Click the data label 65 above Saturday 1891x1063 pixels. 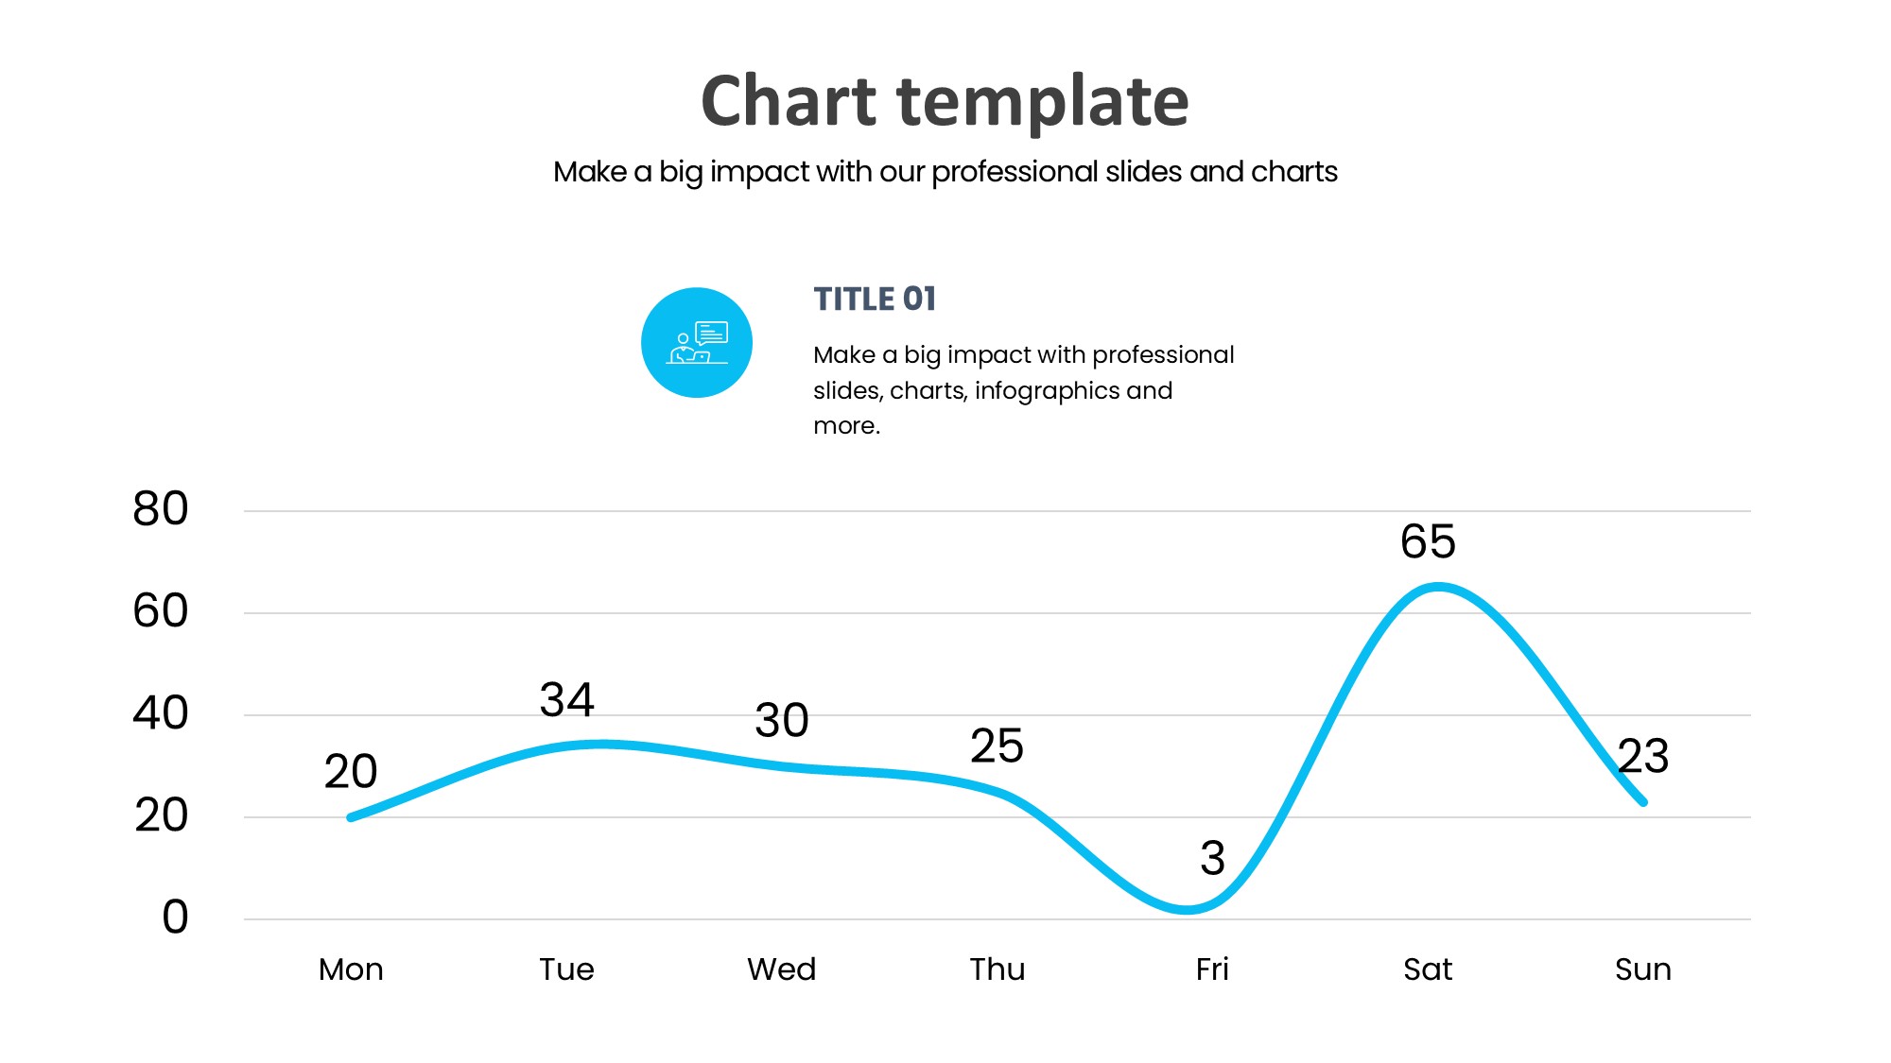tap(1428, 541)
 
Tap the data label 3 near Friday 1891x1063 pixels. tap(1212, 858)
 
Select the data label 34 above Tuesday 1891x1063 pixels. tap(566, 700)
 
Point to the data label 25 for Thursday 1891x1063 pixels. tap(997, 746)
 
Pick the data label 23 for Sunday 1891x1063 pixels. tap(1643, 756)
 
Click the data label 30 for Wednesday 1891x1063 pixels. tap(782, 720)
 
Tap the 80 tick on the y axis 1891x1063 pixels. tap(161, 509)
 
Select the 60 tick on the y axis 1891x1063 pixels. tap(161, 611)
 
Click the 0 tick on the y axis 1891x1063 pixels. tap(175, 917)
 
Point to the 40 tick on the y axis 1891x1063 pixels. tap(161, 713)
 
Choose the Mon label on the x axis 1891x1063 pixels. tap(351, 969)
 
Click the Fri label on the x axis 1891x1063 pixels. tap(1212, 969)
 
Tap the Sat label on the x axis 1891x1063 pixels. tap(1428, 969)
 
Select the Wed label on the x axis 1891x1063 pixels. tap(782, 969)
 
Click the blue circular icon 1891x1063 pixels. tap(697, 342)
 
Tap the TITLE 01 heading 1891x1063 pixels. tap(875, 299)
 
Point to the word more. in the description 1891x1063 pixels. tap(846, 426)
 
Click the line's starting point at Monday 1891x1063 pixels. tap(351, 817)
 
